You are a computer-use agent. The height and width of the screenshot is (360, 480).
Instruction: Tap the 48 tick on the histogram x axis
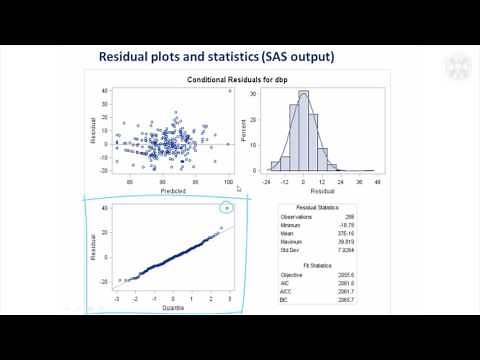[376, 183]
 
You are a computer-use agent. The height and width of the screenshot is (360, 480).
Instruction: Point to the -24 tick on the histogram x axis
[265, 183]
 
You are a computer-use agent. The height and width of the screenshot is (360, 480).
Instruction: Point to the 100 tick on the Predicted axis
[228, 183]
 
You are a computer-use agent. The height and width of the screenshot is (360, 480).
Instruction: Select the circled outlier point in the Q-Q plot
[229, 209]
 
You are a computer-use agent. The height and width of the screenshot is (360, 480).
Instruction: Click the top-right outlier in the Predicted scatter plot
[229, 92]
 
